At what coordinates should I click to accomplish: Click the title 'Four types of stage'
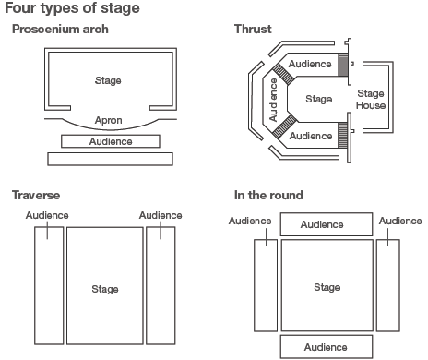(71, 9)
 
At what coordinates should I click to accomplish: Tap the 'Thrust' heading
(253, 30)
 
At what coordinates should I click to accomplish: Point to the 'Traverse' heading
(36, 196)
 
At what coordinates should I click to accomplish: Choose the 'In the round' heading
(268, 196)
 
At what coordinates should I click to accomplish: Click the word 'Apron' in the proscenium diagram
(108, 120)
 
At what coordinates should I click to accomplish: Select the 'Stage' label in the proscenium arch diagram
(108, 80)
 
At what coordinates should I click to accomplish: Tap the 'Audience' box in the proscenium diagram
(110, 141)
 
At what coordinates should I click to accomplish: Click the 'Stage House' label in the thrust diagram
(371, 99)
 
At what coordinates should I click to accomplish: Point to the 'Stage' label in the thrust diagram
(318, 98)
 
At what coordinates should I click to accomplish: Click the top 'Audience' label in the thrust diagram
(310, 64)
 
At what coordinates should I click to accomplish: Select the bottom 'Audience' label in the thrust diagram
(310, 135)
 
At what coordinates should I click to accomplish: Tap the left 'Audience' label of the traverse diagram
(47, 215)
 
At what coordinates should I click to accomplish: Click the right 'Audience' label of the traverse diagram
(160, 215)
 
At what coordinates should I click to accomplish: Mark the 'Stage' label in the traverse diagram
(105, 289)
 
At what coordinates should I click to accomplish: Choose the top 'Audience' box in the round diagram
(322, 224)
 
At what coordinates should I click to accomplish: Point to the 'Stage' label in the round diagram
(327, 288)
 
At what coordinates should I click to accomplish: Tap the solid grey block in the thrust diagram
(343, 65)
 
